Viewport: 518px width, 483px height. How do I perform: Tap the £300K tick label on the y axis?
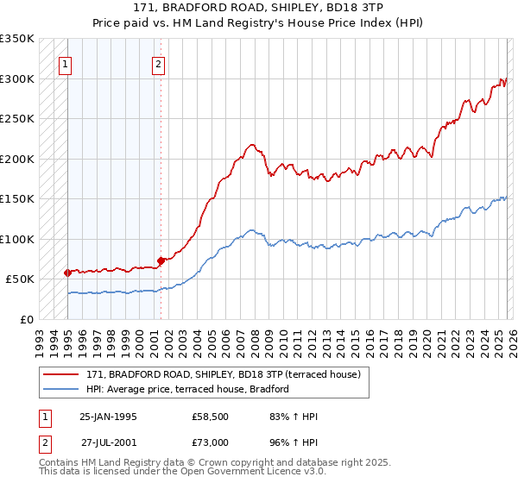[x=17, y=79]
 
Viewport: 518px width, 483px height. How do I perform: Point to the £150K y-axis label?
[x=17, y=199]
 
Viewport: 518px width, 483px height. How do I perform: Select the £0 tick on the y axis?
[x=28, y=319]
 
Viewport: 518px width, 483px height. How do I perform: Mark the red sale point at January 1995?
[x=67, y=273]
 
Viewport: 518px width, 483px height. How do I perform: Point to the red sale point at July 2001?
[x=161, y=260]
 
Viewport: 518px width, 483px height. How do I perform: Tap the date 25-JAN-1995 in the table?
[x=108, y=417]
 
